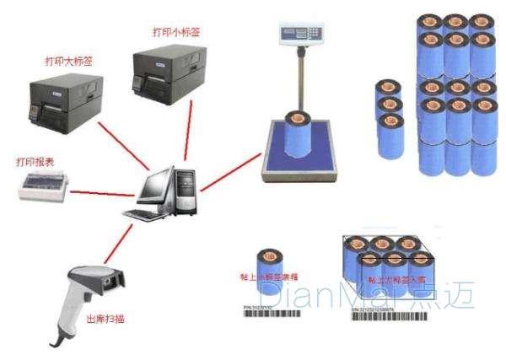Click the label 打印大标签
(69, 61)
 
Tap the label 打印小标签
(176, 32)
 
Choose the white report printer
(44, 185)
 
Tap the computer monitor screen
(159, 188)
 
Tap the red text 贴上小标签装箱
(269, 276)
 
